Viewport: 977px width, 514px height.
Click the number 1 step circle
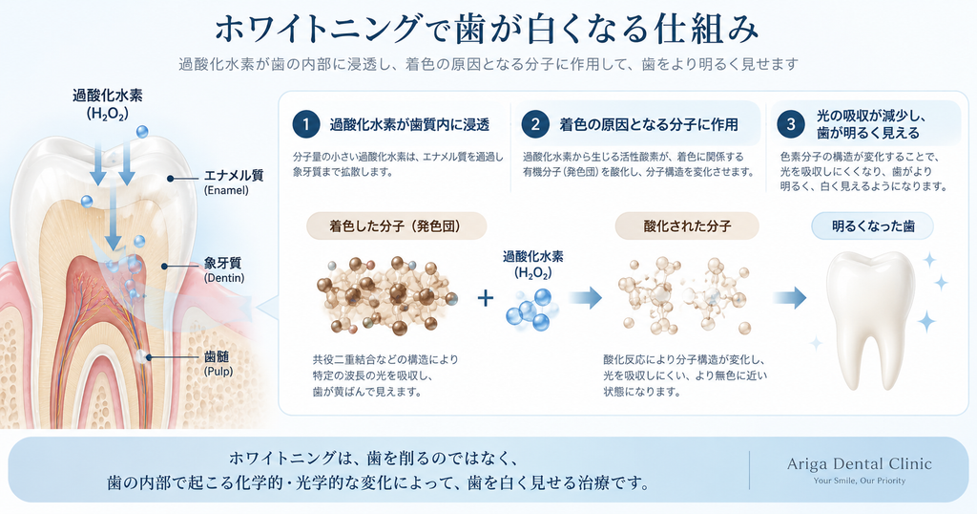[306, 125]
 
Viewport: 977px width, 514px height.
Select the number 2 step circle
[535, 125]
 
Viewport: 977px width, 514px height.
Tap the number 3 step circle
[791, 125]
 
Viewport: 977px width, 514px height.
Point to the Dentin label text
[224, 270]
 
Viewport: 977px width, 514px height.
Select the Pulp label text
[218, 364]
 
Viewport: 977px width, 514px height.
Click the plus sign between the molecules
[486, 297]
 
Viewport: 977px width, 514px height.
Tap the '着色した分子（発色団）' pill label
[396, 225]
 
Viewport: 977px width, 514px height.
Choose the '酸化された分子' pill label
[687, 225]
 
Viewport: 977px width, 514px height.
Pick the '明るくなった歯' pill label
[873, 225]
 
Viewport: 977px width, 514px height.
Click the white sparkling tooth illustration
[871, 319]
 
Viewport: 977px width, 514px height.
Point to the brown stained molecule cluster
[386, 294]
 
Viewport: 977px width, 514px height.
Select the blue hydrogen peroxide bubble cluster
[530, 309]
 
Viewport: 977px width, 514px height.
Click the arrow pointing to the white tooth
[790, 297]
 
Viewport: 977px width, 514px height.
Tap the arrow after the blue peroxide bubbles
[586, 297]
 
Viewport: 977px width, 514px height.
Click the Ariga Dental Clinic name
[860, 464]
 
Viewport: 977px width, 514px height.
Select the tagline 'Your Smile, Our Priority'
[860, 481]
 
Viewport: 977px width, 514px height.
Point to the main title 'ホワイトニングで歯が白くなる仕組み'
[488, 30]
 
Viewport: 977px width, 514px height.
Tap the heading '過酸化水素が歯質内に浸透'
[409, 125]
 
